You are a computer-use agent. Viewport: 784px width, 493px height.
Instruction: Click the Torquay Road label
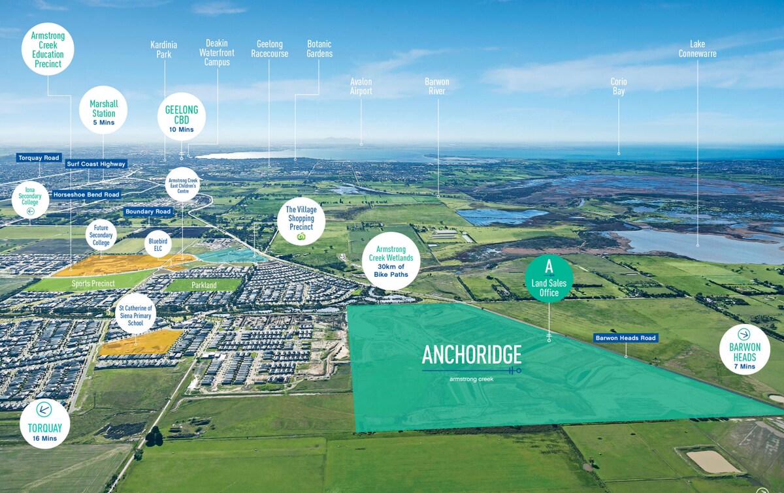click(39, 158)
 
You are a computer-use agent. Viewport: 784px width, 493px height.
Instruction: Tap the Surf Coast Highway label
click(96, 164)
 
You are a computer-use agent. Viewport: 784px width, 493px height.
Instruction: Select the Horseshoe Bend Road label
click(86, 195)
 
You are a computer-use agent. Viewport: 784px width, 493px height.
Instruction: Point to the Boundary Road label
click(148, 212)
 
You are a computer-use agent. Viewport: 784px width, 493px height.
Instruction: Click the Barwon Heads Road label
click(626, 338)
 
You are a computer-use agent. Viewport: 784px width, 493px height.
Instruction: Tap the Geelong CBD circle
click(182, 117)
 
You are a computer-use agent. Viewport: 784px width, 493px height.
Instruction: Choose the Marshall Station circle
click(103, 110)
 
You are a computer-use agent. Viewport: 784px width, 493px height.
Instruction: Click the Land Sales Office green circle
click(549, 279)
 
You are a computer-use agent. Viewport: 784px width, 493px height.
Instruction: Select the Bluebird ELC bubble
click(158, 244)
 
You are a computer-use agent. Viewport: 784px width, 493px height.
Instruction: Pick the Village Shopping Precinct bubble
click(301, 221)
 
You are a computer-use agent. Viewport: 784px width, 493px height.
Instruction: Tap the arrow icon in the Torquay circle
click(44, 409)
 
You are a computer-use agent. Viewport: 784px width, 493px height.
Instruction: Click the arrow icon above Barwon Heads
click(743, 334)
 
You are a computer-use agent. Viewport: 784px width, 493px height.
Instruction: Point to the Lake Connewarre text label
click(697, 49)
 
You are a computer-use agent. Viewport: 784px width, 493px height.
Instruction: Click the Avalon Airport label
click(361, 86)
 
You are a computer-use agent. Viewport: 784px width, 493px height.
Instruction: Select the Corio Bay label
click(619, 86)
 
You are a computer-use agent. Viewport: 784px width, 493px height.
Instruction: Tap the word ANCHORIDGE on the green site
click(472, 355)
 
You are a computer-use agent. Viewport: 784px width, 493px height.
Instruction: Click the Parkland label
click(204, 285)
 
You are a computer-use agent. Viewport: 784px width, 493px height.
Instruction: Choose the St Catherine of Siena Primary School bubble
click(135, 313)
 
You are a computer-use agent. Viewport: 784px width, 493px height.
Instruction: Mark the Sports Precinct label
click(93, 283)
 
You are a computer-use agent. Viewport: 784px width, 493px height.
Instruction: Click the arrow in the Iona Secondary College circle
click(31, 211)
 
